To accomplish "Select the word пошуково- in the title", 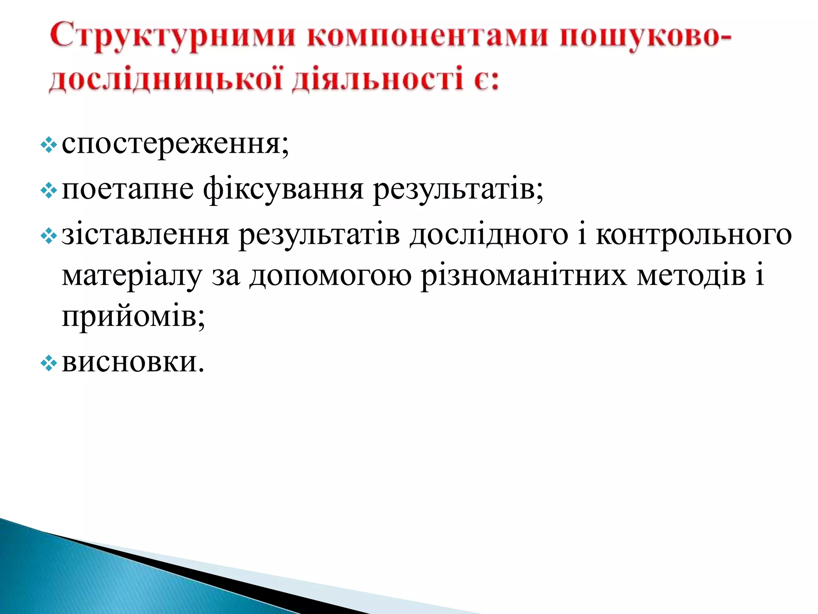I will [645, 37].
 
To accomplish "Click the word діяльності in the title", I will [377, 80].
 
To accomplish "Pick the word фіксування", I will [283, 190].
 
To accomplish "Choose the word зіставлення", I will [145, 235].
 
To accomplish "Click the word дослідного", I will [488, 235].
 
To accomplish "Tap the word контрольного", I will [693, 235].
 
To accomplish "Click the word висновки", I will [133, 362].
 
